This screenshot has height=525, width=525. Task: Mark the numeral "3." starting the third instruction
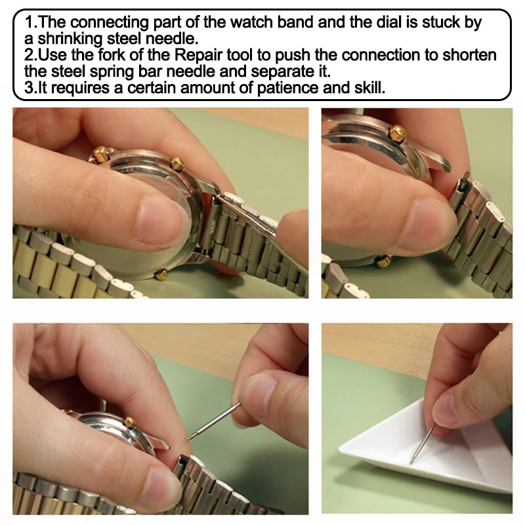(26, 88)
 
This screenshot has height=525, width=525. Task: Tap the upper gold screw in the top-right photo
(396, 133)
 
